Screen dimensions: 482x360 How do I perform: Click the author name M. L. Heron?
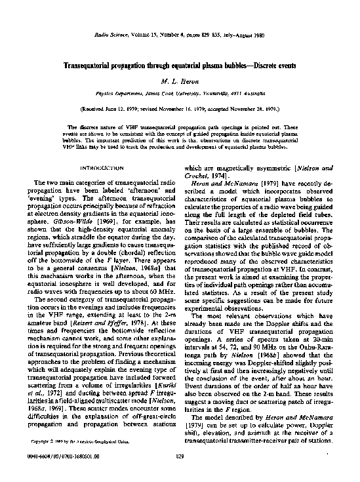pyautogui.click(x=180, y=79)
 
